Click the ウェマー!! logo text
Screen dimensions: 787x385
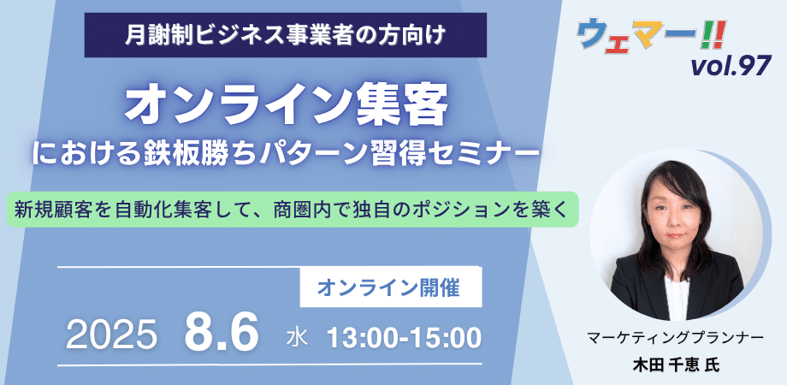[651, 35]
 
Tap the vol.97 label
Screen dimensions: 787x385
[731, 65]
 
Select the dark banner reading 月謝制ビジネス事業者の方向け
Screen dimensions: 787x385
[286, 35]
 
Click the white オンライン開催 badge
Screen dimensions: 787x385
[390, 287]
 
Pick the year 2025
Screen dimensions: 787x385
[111, 335]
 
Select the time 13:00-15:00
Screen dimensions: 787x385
[405, 338]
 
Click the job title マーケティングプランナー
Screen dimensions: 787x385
[675, 338]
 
